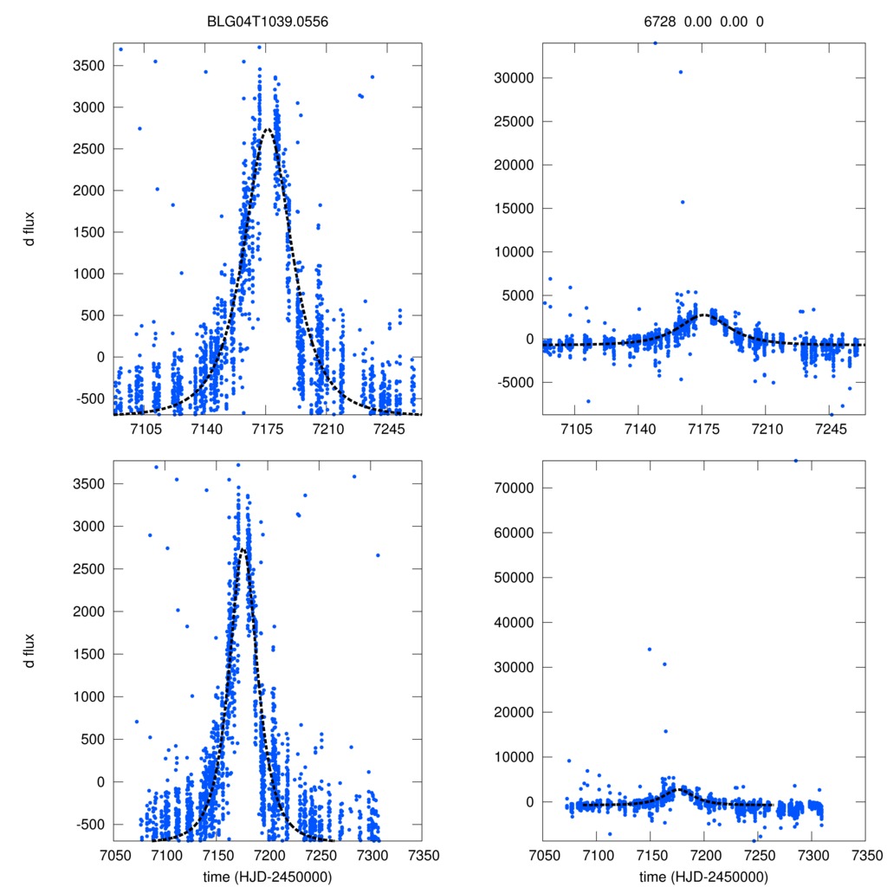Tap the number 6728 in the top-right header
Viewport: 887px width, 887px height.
(x=668, y=22)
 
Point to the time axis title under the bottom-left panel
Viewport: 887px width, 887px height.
(x=268, y=877)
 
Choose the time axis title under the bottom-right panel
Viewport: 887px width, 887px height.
(x=704, y=877)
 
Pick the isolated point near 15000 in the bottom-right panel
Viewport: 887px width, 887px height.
(x=665, y=731)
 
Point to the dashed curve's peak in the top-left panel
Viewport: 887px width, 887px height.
(x=269, y=130)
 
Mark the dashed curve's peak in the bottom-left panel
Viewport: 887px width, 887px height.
(x=243, y=549)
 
